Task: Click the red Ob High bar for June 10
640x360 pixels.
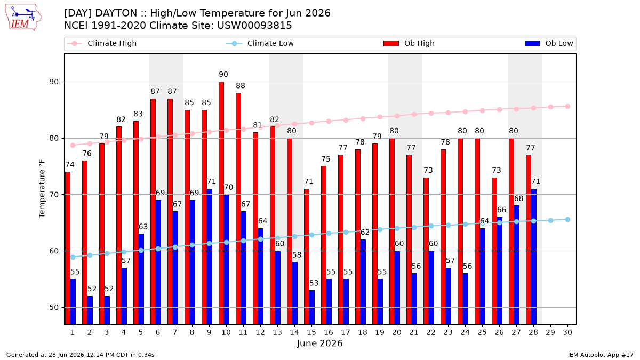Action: coord(221,203)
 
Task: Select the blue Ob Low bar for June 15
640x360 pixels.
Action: coord(312,307)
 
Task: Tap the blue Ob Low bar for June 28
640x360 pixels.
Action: coord(534,257)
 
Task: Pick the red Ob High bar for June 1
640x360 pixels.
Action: coord(68,249)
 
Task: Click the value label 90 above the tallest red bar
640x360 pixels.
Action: coord(223,75)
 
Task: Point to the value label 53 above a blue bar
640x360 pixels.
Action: coord(314,283)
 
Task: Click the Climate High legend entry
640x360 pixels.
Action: coord(102,43)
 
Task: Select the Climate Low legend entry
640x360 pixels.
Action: coord(260,43)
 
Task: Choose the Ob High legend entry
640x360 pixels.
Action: coord(409,43)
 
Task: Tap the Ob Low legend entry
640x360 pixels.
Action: coord(549,43)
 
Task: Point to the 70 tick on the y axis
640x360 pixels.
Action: coord(54,195)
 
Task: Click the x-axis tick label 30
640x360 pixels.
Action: coord(567,332)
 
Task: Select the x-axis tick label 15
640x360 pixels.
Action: coord(311,332)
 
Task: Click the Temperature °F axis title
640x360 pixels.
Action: coord(42,189)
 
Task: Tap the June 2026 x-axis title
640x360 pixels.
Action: coord(319,343)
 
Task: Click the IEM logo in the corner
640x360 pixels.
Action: coord(23,18)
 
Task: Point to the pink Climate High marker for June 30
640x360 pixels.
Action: coord(567,107)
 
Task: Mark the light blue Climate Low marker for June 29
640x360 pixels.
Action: coord(550,221)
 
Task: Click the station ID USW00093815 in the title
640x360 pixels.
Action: coord(254,26)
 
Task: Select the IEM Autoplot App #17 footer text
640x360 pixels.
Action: coord(601,355)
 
